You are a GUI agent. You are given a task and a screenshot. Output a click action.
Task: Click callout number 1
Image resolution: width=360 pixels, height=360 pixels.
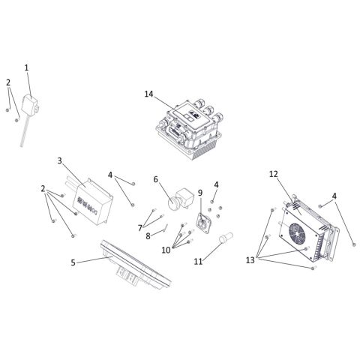[27, 67]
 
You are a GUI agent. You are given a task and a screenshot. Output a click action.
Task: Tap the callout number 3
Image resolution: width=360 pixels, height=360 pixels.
[59, 160]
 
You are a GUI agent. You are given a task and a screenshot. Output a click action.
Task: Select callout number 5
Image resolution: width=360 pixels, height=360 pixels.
[73, 262]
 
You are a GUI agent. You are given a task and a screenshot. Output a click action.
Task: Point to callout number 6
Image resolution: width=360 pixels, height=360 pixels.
[155, 180]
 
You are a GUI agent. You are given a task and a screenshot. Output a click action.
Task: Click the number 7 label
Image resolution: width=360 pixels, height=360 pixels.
[139, 226]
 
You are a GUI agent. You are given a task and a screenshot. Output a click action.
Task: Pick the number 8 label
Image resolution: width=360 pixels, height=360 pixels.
[148, 236]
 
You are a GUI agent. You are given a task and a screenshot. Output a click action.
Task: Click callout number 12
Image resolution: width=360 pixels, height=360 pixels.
[274, 174]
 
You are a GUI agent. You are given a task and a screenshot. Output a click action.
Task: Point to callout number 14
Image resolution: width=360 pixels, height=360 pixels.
[148, 94]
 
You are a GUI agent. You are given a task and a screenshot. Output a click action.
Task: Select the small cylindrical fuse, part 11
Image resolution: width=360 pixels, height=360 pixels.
[223, 241]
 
